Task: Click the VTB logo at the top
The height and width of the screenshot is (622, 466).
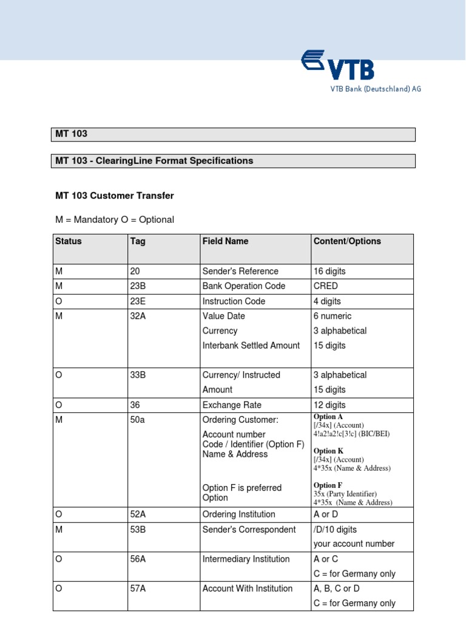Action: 337,66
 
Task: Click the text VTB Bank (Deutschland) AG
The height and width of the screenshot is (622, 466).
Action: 375,89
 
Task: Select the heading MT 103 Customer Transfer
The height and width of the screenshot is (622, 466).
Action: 115,196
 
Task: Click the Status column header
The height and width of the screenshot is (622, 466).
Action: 68,241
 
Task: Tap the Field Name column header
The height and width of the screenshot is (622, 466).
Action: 225,241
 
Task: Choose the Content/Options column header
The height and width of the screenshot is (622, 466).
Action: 347,241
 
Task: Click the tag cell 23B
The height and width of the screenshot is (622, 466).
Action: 138,286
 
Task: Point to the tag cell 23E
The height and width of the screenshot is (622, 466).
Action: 138,301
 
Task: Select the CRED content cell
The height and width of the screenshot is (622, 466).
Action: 326,286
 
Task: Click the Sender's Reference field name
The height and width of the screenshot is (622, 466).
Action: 240,271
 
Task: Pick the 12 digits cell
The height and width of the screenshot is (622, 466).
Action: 329,405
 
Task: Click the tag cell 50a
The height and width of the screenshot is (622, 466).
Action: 137,420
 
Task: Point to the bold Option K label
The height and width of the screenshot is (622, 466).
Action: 328,451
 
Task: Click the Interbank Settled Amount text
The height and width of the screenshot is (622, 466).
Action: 251,346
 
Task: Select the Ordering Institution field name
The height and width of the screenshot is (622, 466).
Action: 238,514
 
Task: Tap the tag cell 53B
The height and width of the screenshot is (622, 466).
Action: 138,530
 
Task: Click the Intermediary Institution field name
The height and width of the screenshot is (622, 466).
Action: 246,559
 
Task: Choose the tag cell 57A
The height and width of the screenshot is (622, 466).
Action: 138,589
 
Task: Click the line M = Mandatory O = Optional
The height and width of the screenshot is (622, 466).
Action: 115,219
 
